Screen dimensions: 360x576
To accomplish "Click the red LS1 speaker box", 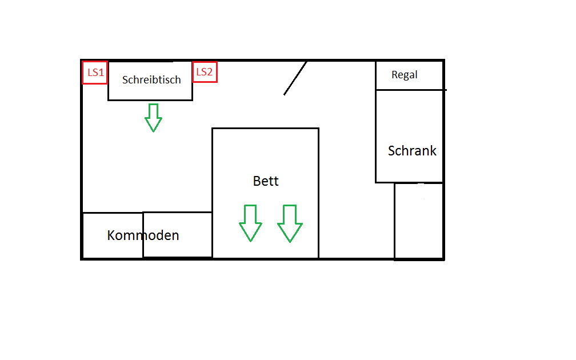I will [x=95, y=72].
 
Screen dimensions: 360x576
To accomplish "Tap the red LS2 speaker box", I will [x=205, y=72].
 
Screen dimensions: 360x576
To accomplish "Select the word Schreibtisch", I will [x=151, y=80].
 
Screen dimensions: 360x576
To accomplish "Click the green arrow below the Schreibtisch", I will [x=153, y=117].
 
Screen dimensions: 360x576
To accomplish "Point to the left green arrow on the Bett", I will [x=250, y=223].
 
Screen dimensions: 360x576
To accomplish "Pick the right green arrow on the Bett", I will [x=290, y=223].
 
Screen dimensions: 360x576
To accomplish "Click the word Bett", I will [x=266, y=181].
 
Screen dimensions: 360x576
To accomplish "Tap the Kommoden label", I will [x=143, y=235].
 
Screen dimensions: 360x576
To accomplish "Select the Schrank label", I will [x=412, y=151].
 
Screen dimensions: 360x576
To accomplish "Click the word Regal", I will [x=405, y=75].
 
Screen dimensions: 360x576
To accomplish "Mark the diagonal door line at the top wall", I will [x=295, y=78].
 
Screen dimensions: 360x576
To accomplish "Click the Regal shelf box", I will [x=409, y=75].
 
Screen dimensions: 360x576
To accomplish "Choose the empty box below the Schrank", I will [x=419, y=221].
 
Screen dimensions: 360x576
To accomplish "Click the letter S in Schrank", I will [x=392, y=151].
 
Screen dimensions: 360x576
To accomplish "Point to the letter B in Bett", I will [x=257, y=181].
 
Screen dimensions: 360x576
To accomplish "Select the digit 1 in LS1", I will [x=102, y=73].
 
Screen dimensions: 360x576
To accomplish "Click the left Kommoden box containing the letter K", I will [x=113, y=235].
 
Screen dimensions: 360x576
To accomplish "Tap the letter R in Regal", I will [x=394, y=75].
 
